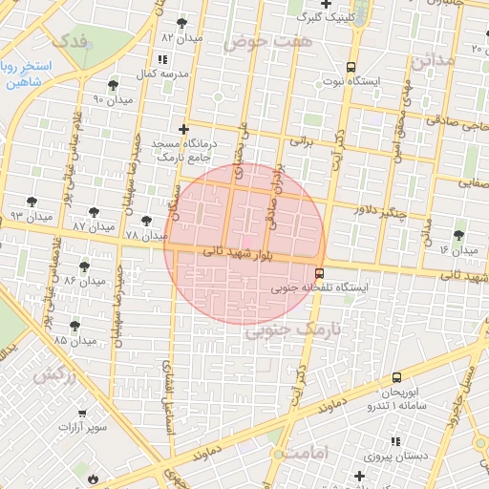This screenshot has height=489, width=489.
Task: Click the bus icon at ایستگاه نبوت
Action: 351,67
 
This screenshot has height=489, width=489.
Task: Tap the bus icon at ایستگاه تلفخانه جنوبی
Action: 319,271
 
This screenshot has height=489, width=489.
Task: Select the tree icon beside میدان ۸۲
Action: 181,23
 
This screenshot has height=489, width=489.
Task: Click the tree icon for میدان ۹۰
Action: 113,85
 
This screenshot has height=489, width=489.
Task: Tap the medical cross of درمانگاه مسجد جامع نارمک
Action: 183,128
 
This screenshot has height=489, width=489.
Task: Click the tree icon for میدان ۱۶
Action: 459,235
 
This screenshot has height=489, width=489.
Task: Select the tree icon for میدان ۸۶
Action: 84,266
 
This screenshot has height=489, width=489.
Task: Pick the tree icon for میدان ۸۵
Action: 75,325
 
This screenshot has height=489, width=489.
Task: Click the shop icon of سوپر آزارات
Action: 82,413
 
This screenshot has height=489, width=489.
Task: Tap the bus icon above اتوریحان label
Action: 396,377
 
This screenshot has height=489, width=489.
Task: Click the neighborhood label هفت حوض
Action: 255,42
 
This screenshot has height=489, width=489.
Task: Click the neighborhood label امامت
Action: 307,450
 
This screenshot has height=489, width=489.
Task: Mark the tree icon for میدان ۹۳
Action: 34,202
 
